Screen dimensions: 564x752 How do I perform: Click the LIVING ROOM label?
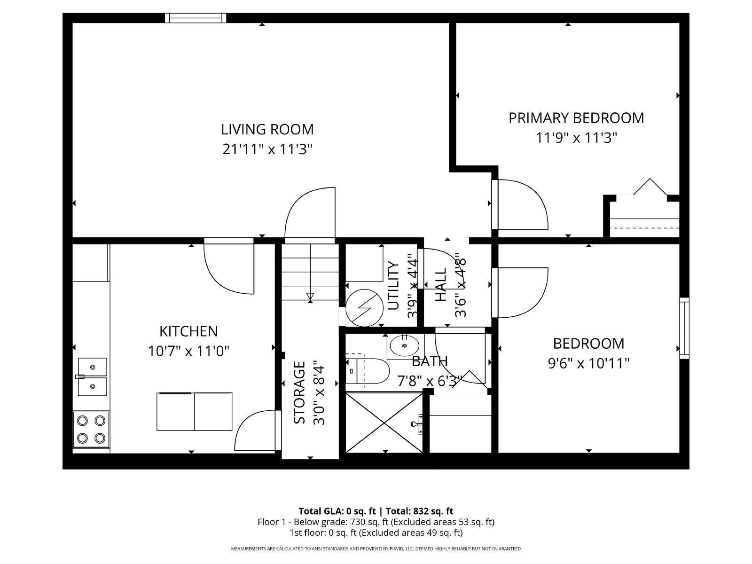267,129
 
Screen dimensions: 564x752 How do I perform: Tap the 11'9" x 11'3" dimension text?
576,138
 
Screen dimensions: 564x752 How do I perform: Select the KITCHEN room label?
188,331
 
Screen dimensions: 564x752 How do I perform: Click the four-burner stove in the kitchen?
91,429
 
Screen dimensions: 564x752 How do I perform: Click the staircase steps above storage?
310,273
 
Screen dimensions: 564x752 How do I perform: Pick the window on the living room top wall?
195,18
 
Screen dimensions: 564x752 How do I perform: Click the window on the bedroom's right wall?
684,328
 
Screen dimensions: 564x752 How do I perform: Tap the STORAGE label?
299,392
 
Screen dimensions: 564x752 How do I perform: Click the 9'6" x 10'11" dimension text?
588,363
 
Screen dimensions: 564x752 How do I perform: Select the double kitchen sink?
92,376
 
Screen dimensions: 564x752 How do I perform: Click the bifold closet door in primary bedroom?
650,187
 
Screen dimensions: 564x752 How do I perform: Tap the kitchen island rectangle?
194,411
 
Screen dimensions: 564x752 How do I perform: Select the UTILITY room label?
393,286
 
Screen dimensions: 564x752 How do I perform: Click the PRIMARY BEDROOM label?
576,117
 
